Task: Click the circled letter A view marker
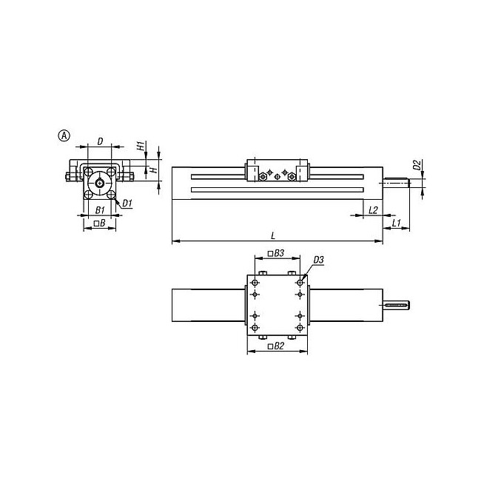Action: coord(64,135)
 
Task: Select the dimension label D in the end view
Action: coord(100,141)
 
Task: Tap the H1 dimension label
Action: coord(141,145)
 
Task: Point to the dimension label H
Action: coord(155,169)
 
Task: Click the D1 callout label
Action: coord(127,203)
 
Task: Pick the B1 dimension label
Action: coord(100,210)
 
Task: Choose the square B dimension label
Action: coord(99,223)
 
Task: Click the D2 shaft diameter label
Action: coord(417,165)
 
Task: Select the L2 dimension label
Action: coord(373,210)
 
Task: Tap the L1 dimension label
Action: coord(397,223)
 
